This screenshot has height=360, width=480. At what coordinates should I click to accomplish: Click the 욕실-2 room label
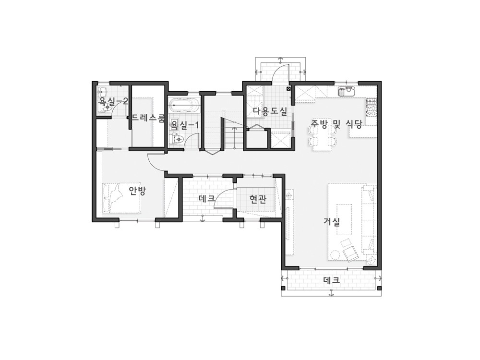113,101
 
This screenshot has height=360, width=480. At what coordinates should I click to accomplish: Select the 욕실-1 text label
185,125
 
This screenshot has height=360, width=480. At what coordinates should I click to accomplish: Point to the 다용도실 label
270,112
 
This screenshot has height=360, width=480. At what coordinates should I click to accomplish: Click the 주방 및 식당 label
337,124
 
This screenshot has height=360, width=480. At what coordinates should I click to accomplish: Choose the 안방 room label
137,191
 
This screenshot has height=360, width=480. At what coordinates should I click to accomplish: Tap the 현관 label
258,200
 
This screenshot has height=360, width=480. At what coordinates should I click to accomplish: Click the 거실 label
332,222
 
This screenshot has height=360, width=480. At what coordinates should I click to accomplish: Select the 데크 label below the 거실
332,280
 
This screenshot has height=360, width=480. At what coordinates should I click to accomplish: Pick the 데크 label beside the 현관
206,198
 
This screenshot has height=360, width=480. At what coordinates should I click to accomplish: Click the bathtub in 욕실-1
184,106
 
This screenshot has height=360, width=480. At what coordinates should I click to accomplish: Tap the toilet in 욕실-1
177,140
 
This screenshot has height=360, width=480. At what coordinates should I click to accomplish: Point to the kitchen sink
346,91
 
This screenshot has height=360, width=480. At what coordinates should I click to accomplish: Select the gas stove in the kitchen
372,108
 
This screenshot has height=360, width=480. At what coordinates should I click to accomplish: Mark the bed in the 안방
122,198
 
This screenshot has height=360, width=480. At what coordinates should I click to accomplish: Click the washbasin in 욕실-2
102,91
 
